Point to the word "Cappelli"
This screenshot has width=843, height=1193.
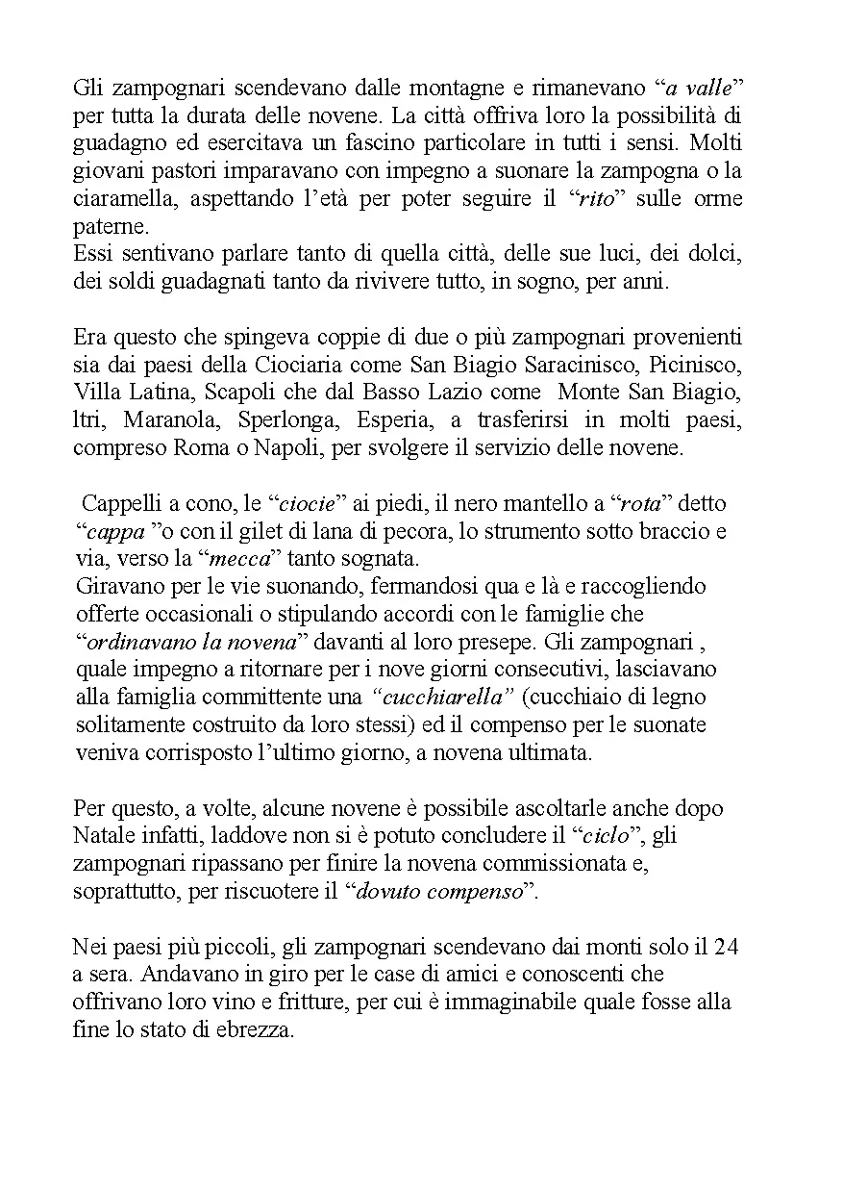[116, 504]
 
